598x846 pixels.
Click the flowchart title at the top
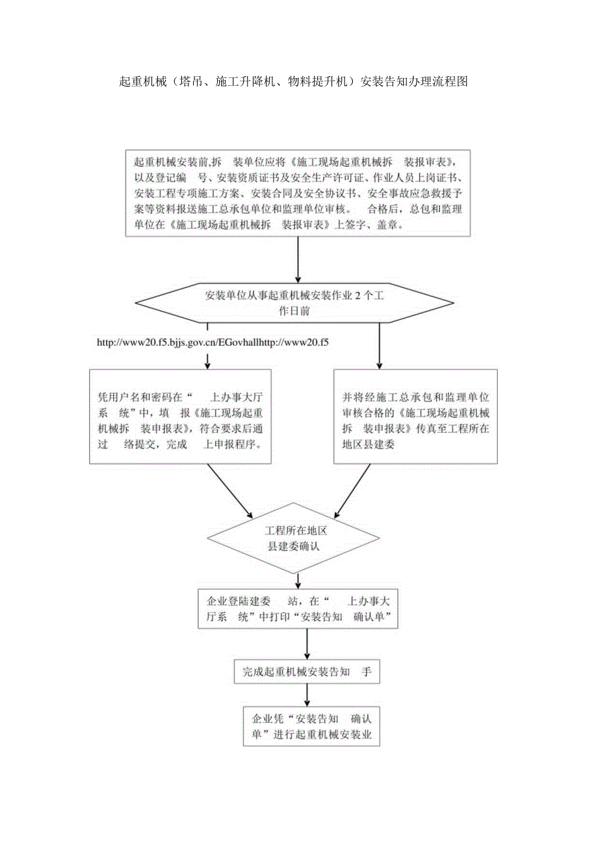(294, 82)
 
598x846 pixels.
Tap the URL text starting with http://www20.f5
(212, 341)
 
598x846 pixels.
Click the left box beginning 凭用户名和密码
(181, 417)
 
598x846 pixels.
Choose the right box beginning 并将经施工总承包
(415, 417)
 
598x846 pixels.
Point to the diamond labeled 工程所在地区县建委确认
(293, 538)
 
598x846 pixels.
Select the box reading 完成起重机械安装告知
(306, 672)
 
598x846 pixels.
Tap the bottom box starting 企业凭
(311, 726)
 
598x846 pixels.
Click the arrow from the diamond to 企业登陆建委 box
(298, 580)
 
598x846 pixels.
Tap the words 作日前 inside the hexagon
(294, 311)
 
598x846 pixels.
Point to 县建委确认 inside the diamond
(294, 546)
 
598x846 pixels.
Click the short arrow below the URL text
(207, 360)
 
